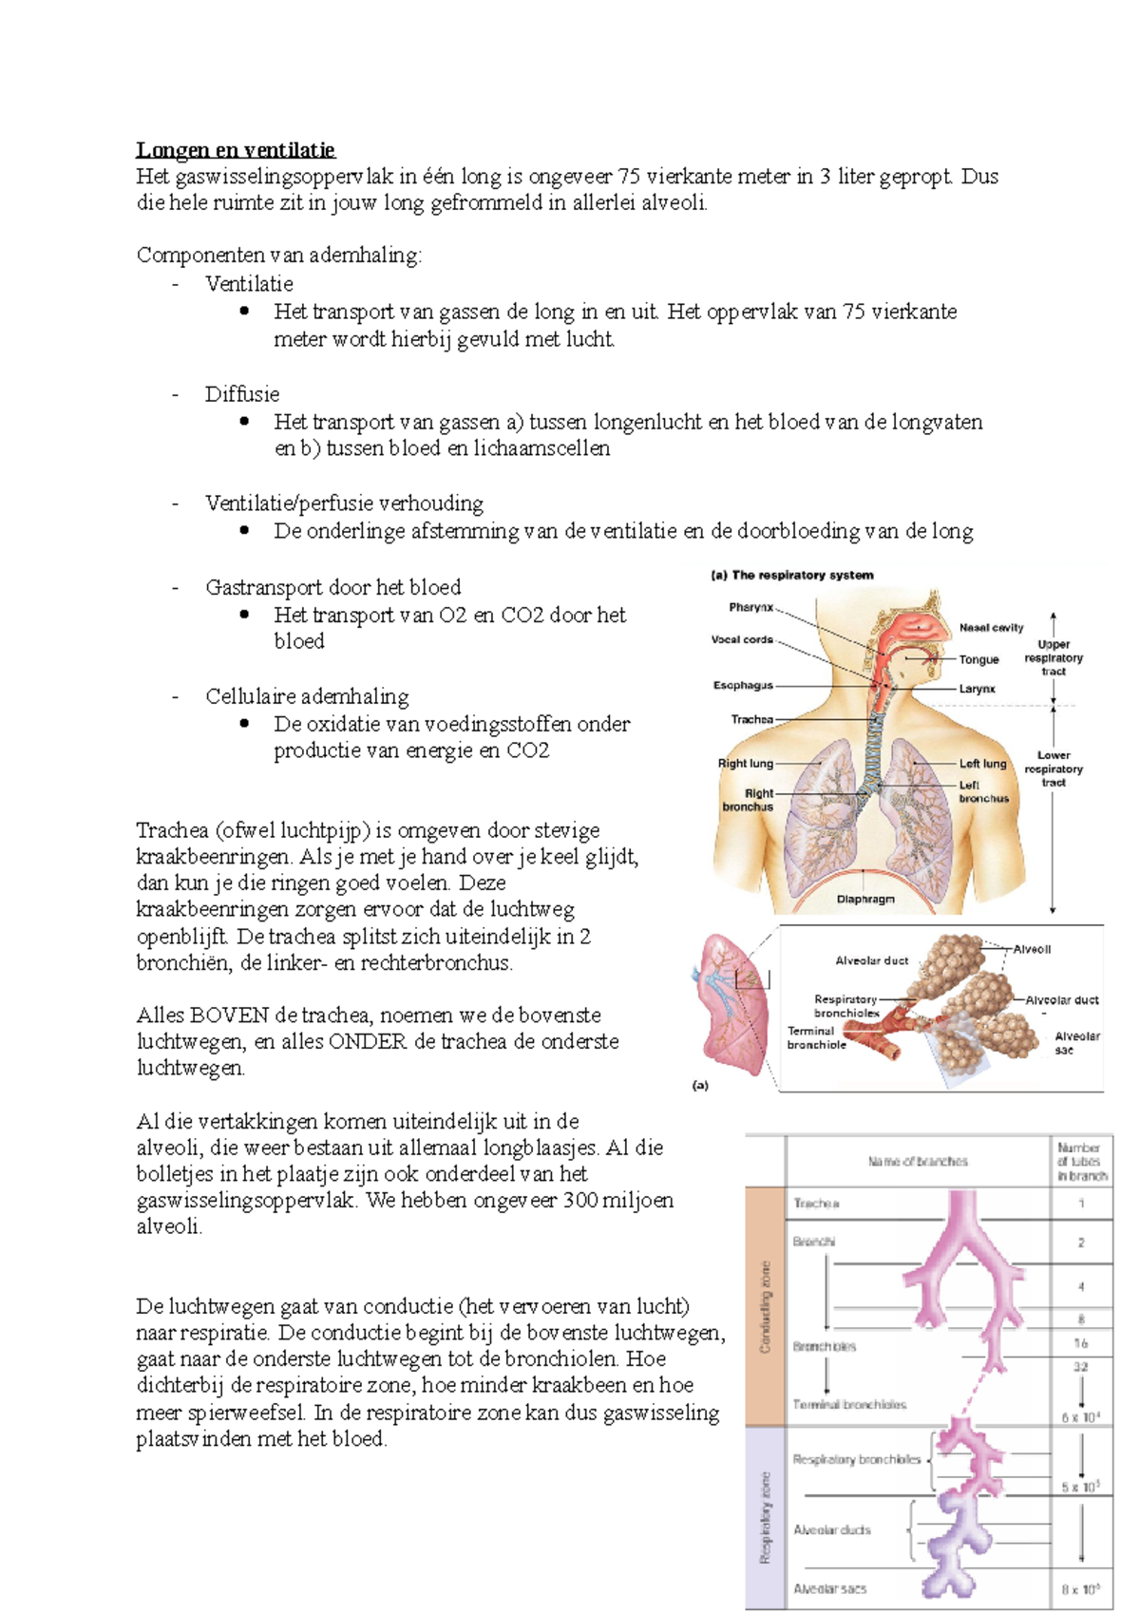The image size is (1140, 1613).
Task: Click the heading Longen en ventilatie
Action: (x=235, y=150)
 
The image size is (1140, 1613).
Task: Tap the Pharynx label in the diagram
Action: (x=750, y=607)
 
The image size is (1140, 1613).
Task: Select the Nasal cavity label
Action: (x=991, y=627)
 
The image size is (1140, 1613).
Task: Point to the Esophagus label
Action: (x=743, y=685)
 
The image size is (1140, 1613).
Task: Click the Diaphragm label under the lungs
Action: (x=865, y=899)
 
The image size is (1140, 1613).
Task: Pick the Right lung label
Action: (x=746, y=763)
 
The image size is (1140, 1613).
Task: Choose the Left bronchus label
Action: (x=982, y=792)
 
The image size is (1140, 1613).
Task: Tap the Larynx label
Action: (x=977, y=689)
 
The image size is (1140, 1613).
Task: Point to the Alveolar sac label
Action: (x=1076, y=1043)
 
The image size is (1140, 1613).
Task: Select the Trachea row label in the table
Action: (x=816, y=1204)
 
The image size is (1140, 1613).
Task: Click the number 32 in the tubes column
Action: (x=1081, y=1367)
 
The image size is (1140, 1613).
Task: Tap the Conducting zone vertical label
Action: (x=766, y=1306)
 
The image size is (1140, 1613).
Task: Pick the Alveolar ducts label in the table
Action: (x=832, y=1529)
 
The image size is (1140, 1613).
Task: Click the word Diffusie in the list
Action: (x=242, y=394)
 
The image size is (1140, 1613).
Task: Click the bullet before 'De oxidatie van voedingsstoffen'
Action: (x=245, y=723)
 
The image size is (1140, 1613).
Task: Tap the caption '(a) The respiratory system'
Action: (x=792, y=575)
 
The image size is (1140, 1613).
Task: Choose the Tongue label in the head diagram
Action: (x=978, y=659)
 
